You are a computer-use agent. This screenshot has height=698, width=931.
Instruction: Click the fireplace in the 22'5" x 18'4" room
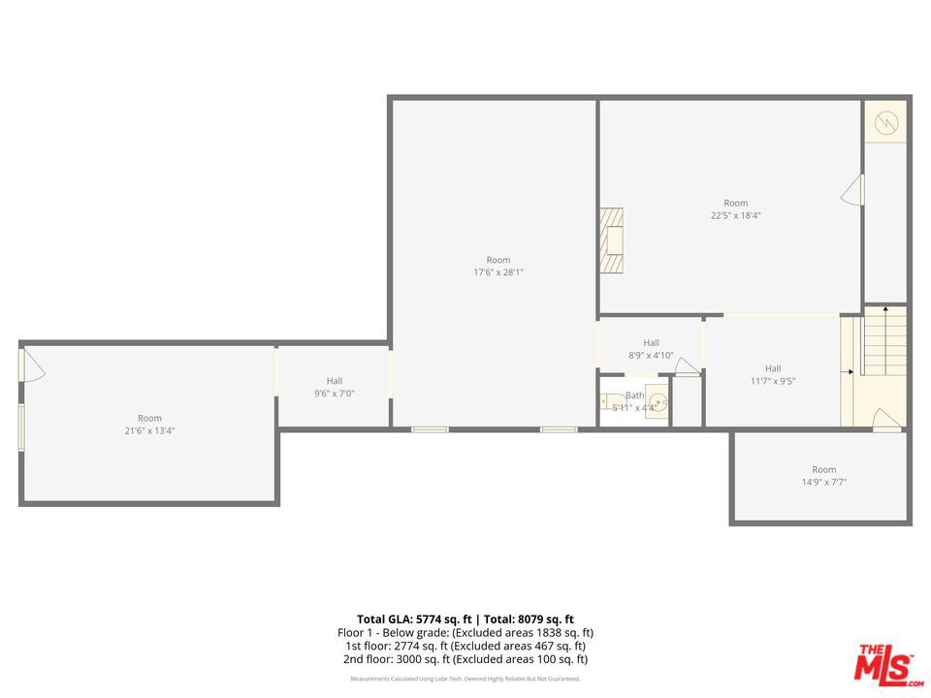pyautogui.click(x=611, y=240)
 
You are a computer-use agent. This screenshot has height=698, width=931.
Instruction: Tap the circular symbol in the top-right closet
pyautogui.click(x=886, y=122)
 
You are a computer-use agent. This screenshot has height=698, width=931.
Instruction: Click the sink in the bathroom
pyautogui.click(x=658, y=400)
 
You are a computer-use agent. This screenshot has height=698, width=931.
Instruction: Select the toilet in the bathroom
pyautogui.click(x=611, y=399)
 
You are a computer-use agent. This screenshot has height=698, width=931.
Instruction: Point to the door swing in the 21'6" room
pyautogui.click(x=32, y=365)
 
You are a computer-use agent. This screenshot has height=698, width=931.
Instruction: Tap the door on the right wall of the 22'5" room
pyautogui.click(x=852, y=190)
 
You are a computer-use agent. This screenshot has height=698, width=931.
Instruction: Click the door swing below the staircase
pyautogui.click(x=886, y=420)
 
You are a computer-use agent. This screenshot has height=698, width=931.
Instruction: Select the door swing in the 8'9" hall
pyautogui.click(x=688, y=366)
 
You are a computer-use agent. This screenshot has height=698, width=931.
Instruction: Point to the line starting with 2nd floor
pyautogui.click(x=465, y=659)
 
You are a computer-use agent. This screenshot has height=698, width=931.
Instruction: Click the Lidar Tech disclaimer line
pyautogui.click(x=465, y=679)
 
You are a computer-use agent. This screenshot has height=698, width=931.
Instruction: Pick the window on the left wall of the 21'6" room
pyautogui.click(x=21, y=427)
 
